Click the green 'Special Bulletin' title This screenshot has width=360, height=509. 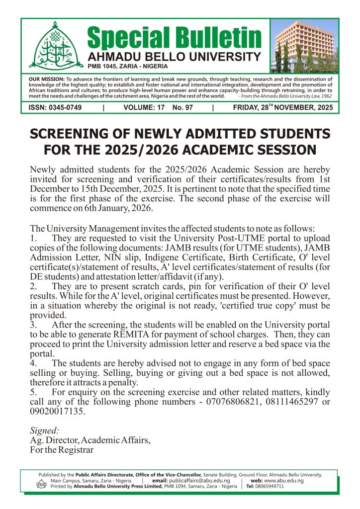click(174, 37)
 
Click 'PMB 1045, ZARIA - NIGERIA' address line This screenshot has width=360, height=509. click(128, 67)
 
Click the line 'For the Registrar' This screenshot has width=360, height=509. click(62, 450)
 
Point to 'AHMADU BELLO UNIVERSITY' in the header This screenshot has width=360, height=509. click(174, 57)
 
